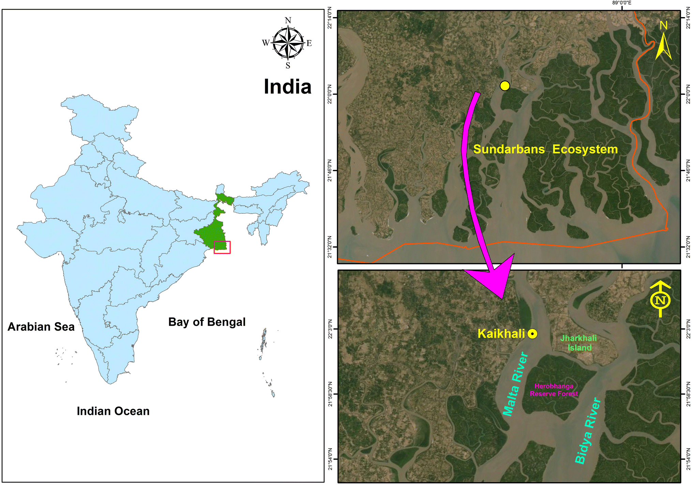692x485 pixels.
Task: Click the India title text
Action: coord(287,87)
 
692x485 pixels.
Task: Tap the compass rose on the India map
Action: coord(288,43)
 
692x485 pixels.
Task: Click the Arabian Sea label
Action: coord(41,327)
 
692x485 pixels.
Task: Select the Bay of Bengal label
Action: coord(207,322)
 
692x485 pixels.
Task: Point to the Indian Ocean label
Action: coord(113,411)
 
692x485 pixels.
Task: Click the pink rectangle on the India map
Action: coord(222,247)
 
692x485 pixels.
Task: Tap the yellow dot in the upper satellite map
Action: coord(505,86)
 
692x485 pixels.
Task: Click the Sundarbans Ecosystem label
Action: coord(545,149)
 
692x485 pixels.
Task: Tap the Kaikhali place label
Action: coord(501,334)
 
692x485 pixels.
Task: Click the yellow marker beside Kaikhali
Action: coord(532,334)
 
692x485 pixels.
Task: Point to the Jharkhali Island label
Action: coord(579,343)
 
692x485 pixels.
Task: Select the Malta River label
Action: coord(515,384)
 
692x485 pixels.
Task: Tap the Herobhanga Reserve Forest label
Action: coord(554,390)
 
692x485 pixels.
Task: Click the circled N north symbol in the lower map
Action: coord(660,300)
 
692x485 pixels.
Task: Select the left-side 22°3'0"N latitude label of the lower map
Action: coord(330,329)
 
